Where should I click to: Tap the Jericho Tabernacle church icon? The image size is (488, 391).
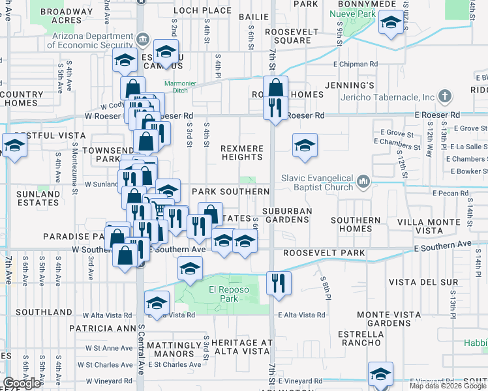click(445, 97)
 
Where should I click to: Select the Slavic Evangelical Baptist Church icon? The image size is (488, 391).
click(364, 180)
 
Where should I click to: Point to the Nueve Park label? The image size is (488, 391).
click(358, 13)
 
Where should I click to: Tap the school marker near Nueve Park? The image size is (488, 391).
click(390, 25)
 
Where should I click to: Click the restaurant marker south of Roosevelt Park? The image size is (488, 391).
click(279, 283)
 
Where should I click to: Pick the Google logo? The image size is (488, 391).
click(22, 383)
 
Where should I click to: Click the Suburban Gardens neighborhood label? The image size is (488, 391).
click(286, 215)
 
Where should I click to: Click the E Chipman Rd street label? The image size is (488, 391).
click(356, 65)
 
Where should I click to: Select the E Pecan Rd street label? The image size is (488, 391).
click(450, 193)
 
